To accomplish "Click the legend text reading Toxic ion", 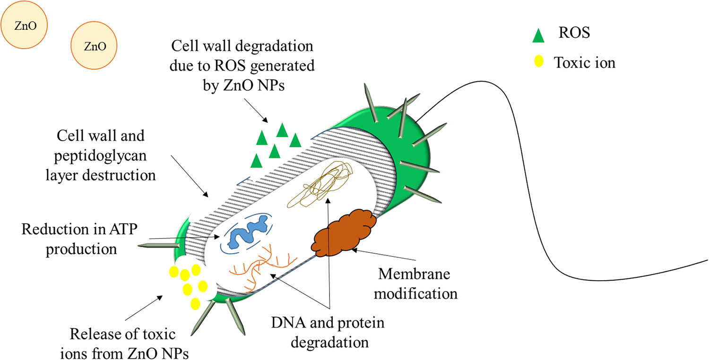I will tap(585, 62).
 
